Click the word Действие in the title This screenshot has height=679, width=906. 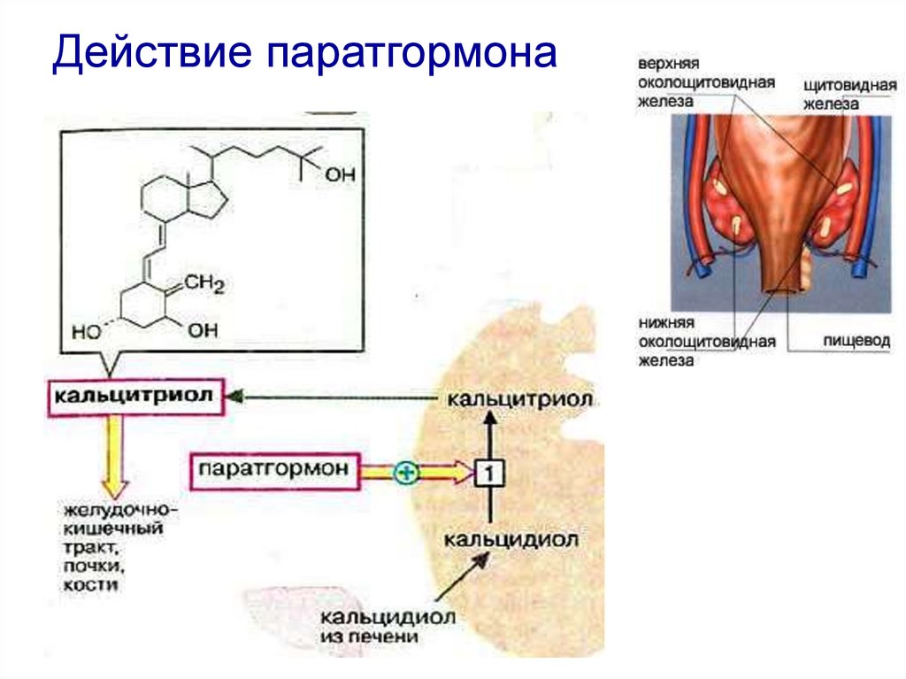(x=150, y=55)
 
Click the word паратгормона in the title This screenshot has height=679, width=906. (x=408, y=55)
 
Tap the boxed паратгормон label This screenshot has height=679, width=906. (x=276, y=467)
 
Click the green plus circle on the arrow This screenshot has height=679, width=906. (x=406, y=473)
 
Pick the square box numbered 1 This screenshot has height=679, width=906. (x=488, y=474)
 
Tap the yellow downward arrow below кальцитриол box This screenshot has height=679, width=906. (x=114, y=456)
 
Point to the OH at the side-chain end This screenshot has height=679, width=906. (x=339, y=175)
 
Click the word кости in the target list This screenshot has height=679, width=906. (x=87, y=585)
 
